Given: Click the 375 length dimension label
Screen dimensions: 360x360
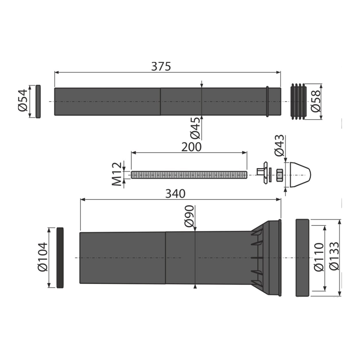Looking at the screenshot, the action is tap(161, 66).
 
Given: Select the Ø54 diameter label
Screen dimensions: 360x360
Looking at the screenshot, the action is tap(23, 100).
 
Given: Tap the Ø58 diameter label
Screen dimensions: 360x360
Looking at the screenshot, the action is tap(316, 101).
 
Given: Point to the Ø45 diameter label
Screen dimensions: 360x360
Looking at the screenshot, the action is tap(195, 128).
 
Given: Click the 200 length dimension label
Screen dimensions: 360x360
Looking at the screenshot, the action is tap(191, 147).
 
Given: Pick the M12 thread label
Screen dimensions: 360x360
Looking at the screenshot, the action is tap(117, 174).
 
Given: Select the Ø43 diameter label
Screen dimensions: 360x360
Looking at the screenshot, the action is tap(279, 145).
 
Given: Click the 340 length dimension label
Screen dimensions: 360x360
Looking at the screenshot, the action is tap(175, 194).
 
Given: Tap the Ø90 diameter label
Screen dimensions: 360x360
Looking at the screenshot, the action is tap(189, 216).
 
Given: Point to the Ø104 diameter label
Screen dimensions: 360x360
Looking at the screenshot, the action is tap(42, 257).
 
